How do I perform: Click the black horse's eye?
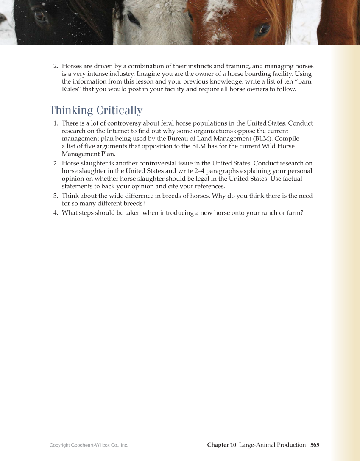40,16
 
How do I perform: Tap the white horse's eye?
132,18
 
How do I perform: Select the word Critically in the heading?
119,110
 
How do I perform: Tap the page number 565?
315,445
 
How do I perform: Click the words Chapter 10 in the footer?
221,445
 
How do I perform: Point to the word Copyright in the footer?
59,445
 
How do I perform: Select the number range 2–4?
201,171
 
